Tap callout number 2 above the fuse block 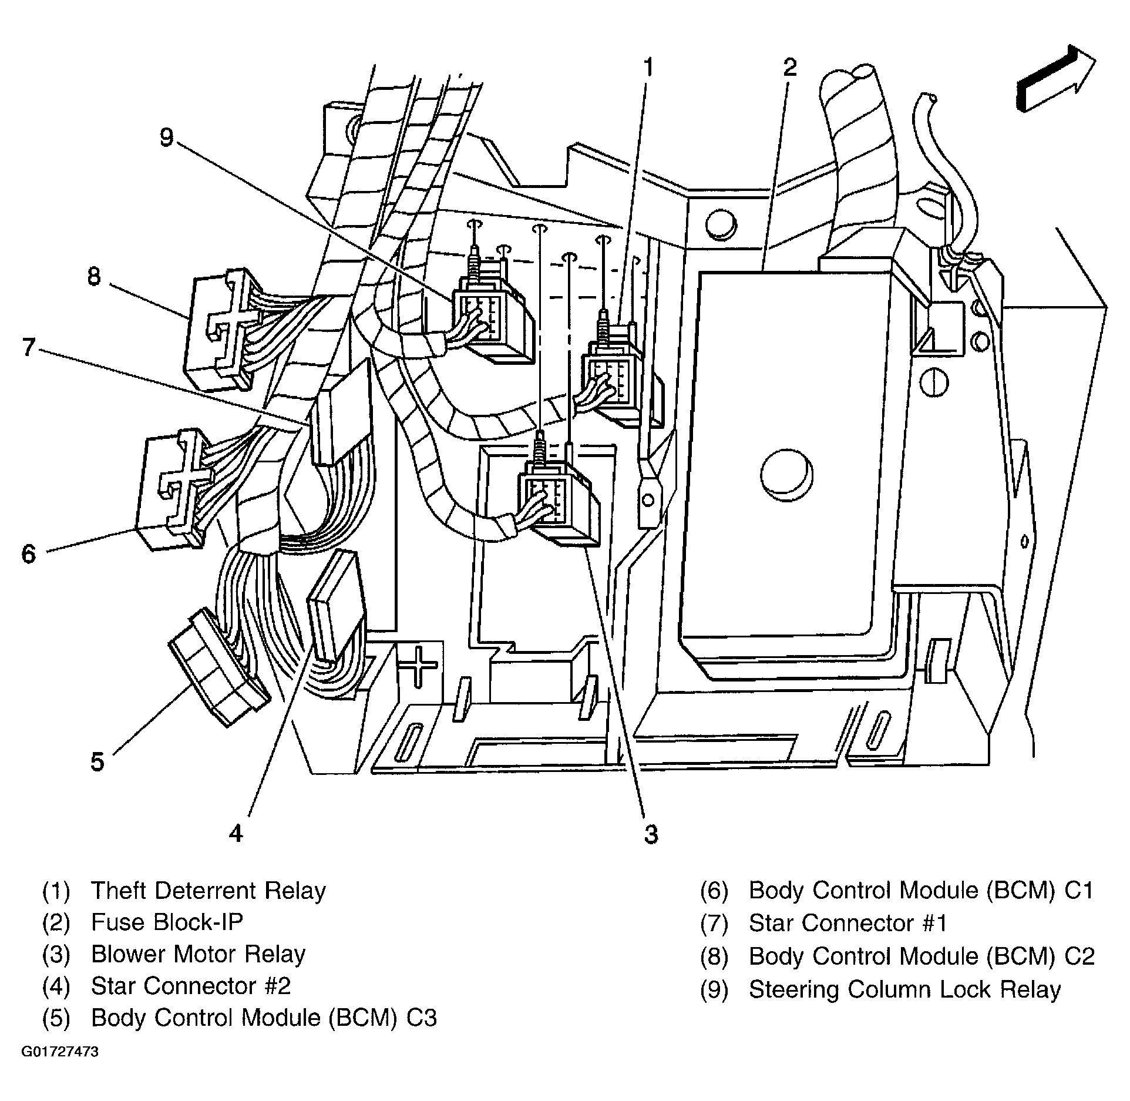pos(790,68)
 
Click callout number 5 pos(97,762)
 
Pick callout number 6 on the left pos(29,553)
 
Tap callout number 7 pos(29,348)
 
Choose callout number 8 pos(94,276)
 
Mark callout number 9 pos(167,137)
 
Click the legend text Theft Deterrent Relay pos(208,891)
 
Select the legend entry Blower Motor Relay pos(198,954)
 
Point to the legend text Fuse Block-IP pos(167,922)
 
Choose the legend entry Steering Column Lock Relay pos(904,989)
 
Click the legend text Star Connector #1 pos(848,923)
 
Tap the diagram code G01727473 pos(60,1051)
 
